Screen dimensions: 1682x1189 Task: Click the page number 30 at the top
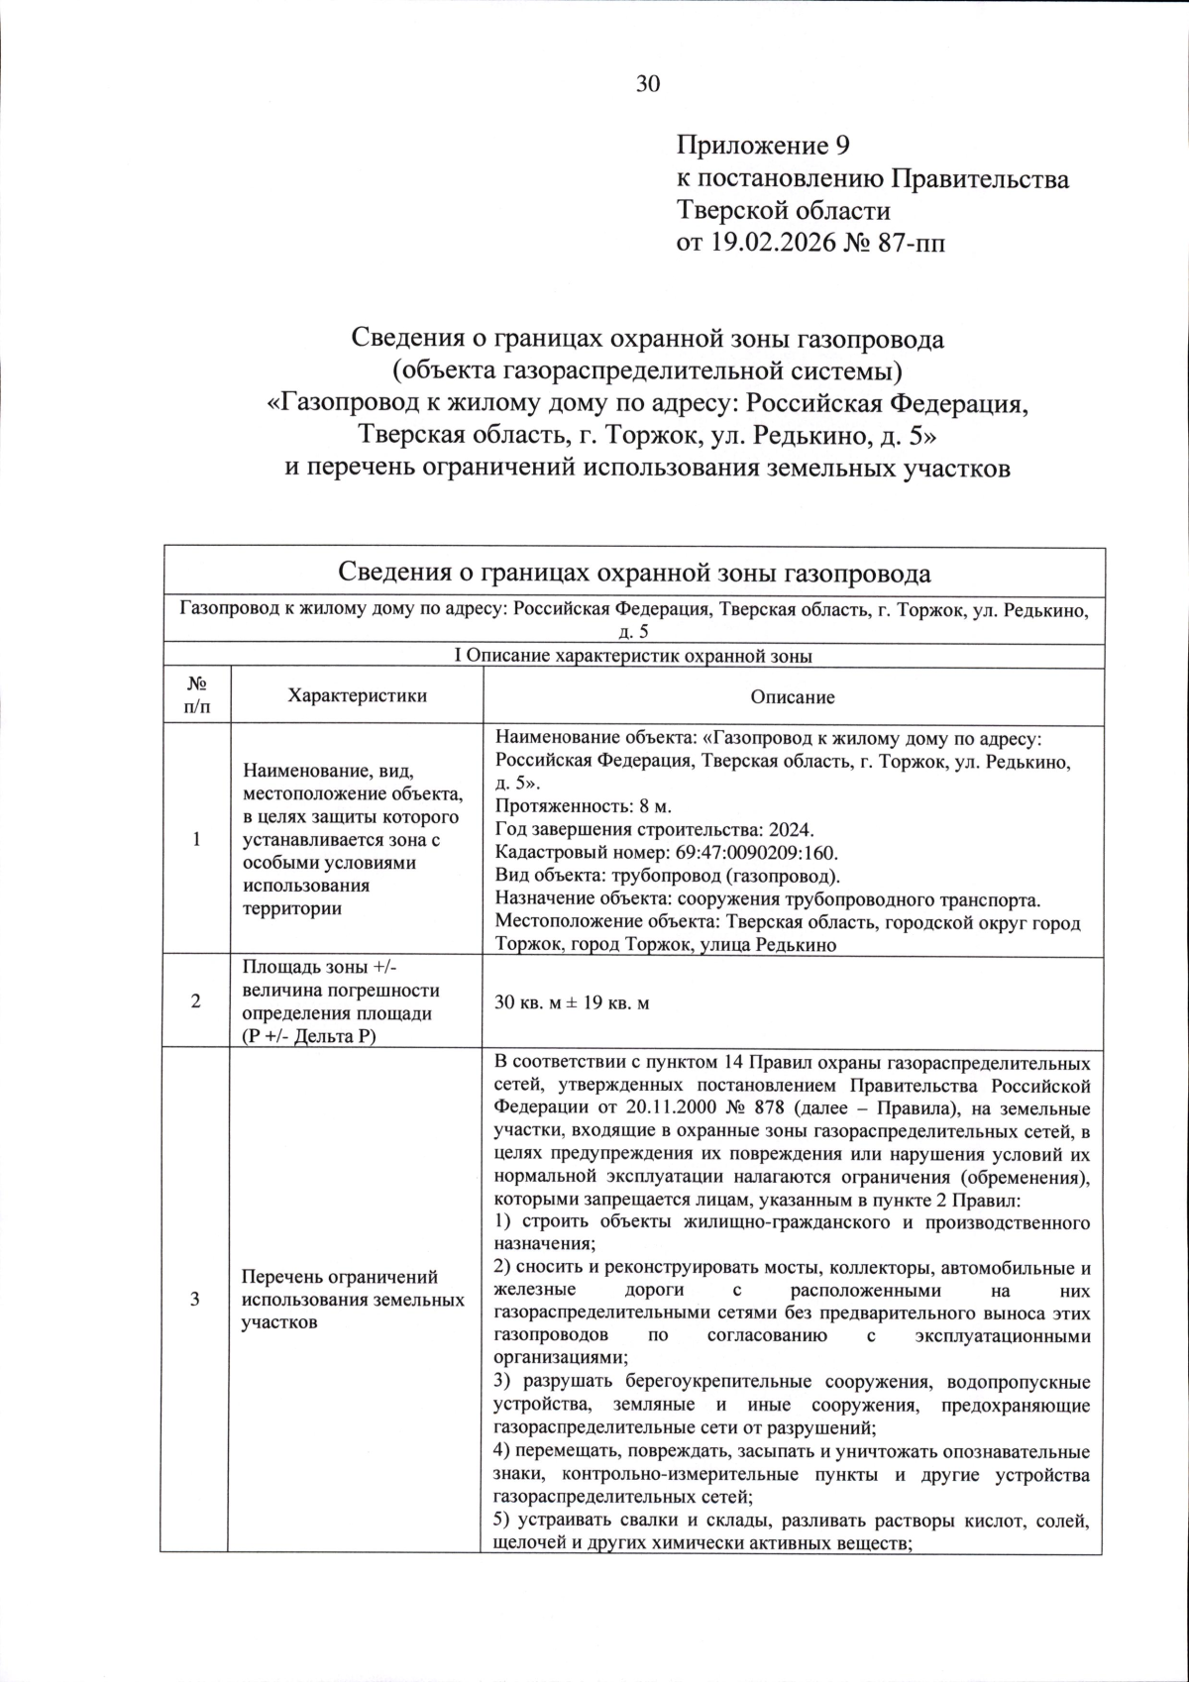pyautogui.click(x=647, y=84)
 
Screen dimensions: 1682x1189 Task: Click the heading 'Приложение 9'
pyautogui.click(x=763, y=147)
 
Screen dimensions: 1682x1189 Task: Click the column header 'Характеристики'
pyautogui.click(x=356, y=695)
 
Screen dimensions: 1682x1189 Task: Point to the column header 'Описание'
pyautogui.click(x=792, y=696)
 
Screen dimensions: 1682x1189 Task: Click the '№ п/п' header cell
pyautogui.click(x=196, y=695)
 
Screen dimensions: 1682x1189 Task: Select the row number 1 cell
pyautogui.click(x=196, y=839)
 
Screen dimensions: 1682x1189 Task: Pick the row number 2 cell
pyautogui.click(x=196, y=1001)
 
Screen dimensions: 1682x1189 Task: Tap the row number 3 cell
pyautogui.click(x=196, y=1299)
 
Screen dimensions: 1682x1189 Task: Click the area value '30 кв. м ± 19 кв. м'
pyautogui.click(x=572, y=1002)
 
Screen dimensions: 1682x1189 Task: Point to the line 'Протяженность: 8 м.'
pyautogui.click(x=569, y=806)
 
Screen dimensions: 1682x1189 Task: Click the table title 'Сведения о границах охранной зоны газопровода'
pyautogui.click(x=634, y=573)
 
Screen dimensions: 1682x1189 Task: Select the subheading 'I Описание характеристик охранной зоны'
pyautogui.click(x=633, y=656)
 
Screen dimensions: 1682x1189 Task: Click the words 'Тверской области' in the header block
pyautogui.click(x=783, y=211)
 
